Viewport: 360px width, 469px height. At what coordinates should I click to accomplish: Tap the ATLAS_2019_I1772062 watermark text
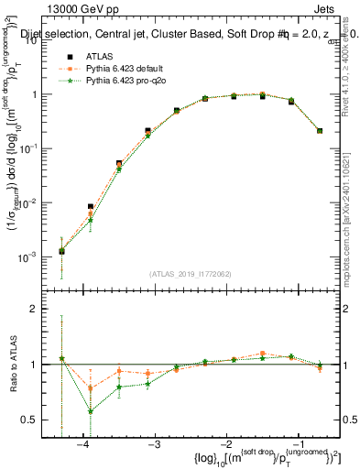pyautogui.click(x=191, y=273)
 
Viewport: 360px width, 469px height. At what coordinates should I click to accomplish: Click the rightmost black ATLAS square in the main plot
pyautogui.click(x=320, y=131)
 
